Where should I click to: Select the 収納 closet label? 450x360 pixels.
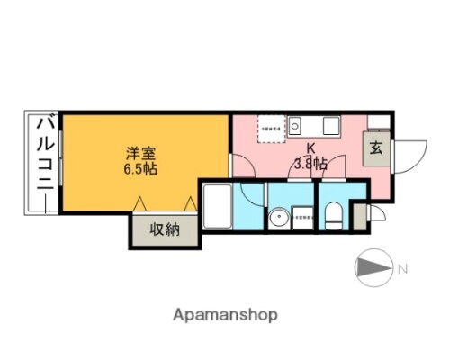[x=165, y=229]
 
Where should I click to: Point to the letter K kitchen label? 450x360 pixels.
[x=310, y=149]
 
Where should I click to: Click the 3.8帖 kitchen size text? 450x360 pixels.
[x=310, y=164]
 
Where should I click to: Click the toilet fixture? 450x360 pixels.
[x=333, y=214]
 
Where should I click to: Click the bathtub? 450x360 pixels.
[x=217, y=206]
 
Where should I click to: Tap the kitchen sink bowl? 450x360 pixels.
[x=300, y=124]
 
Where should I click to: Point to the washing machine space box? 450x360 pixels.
[x=303, y=216]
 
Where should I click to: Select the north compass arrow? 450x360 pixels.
[x=371, y=267]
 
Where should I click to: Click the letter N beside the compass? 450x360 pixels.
[x=402, y=267]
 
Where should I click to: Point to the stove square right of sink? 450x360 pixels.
[x=329, y=125]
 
